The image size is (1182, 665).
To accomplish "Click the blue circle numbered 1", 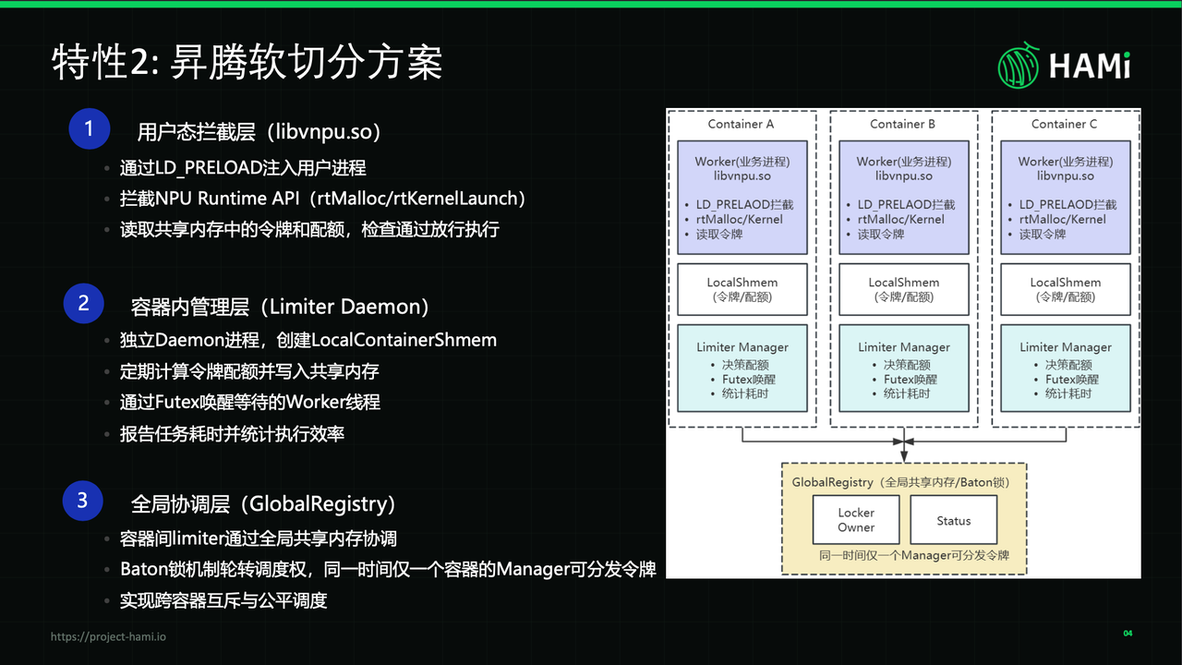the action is (x=90, y=128).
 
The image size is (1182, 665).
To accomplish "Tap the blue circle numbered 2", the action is (x=84, y=304).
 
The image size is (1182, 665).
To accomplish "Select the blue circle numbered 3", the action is (x=83, y=501).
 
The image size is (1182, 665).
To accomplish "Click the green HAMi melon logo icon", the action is (x=1018, y=66).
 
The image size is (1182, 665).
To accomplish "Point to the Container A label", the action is (x=741, y=124).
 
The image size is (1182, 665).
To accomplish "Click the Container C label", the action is (x=1064, y=124).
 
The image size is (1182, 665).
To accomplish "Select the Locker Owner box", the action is (x=856, y=520).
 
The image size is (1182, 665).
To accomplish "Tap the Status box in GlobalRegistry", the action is (x=954, y=520).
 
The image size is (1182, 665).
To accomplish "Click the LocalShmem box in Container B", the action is (x=904, y=289).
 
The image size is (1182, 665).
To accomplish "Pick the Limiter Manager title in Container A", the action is (x=742, y=347).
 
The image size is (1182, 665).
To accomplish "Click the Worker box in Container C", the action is (x=1066, y=198).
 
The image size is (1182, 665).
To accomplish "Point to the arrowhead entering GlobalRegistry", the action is (x=904, y=456).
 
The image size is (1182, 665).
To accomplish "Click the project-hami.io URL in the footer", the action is (x=108, y=636).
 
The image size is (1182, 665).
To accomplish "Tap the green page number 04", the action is (x=1128, y=633).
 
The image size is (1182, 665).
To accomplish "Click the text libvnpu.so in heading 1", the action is (x=324, y=132).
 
